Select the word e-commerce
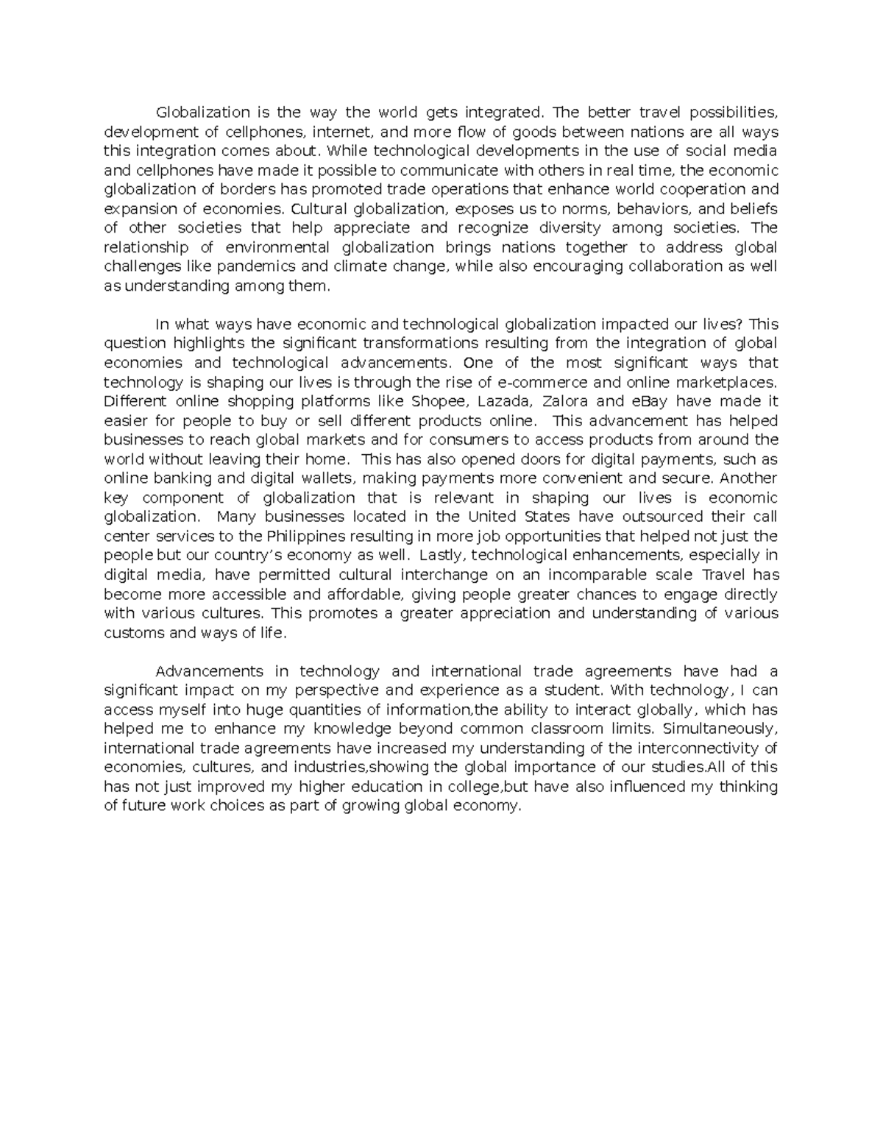pyautogui.click(x=542, y=383)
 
